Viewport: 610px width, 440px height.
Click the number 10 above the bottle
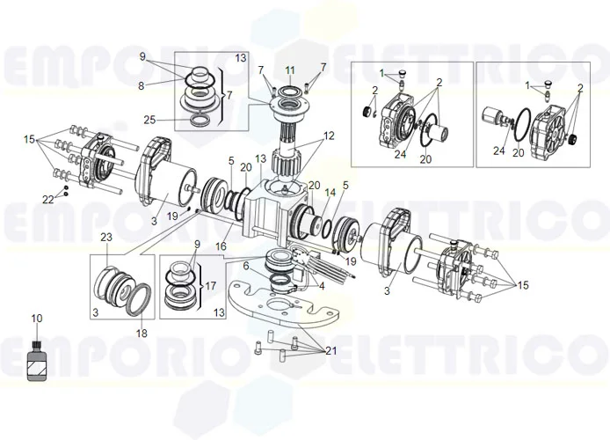pos(36,318)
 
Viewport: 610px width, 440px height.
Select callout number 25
pos(149,120)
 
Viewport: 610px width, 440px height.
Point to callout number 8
pos(141,85)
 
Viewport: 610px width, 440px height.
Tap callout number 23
pos(106,237)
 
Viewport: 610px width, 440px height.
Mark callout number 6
pos(247,264)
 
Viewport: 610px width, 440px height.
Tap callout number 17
pos(211,286)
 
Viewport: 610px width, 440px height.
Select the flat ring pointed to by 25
pos(200,119)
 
